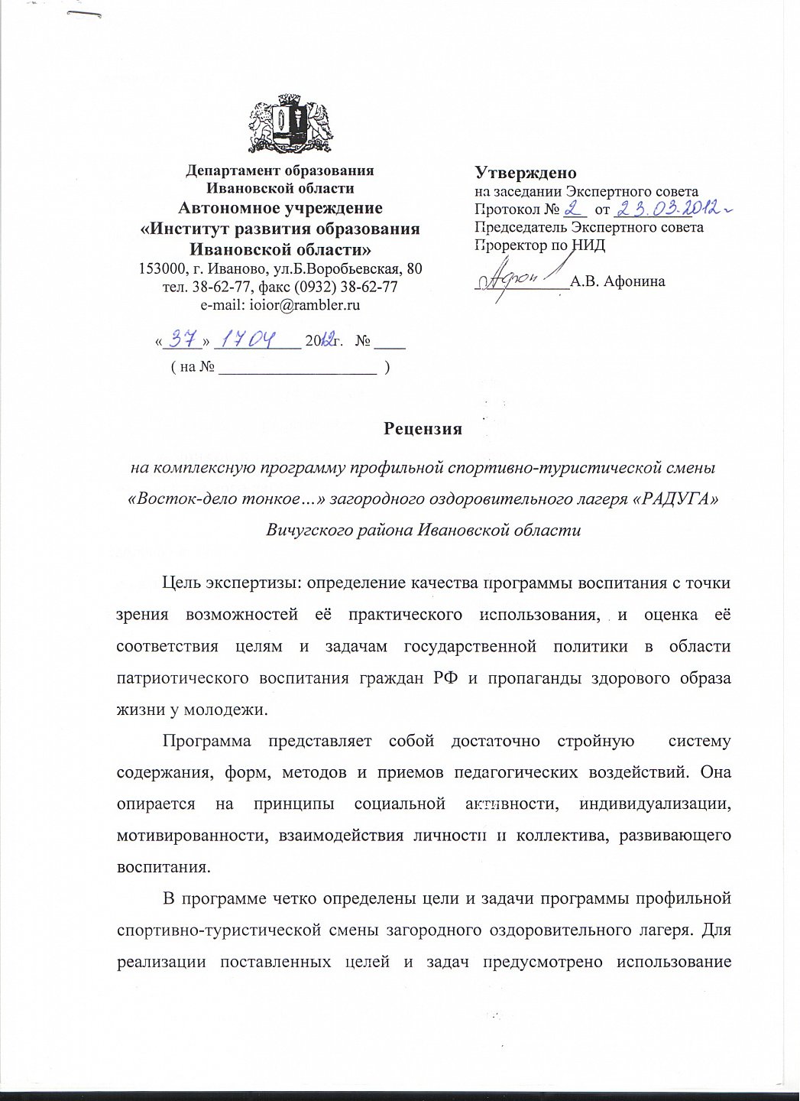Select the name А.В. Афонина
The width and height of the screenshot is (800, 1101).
click(x=617, y=281)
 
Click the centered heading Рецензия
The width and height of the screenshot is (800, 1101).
click(x=423, y=429)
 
